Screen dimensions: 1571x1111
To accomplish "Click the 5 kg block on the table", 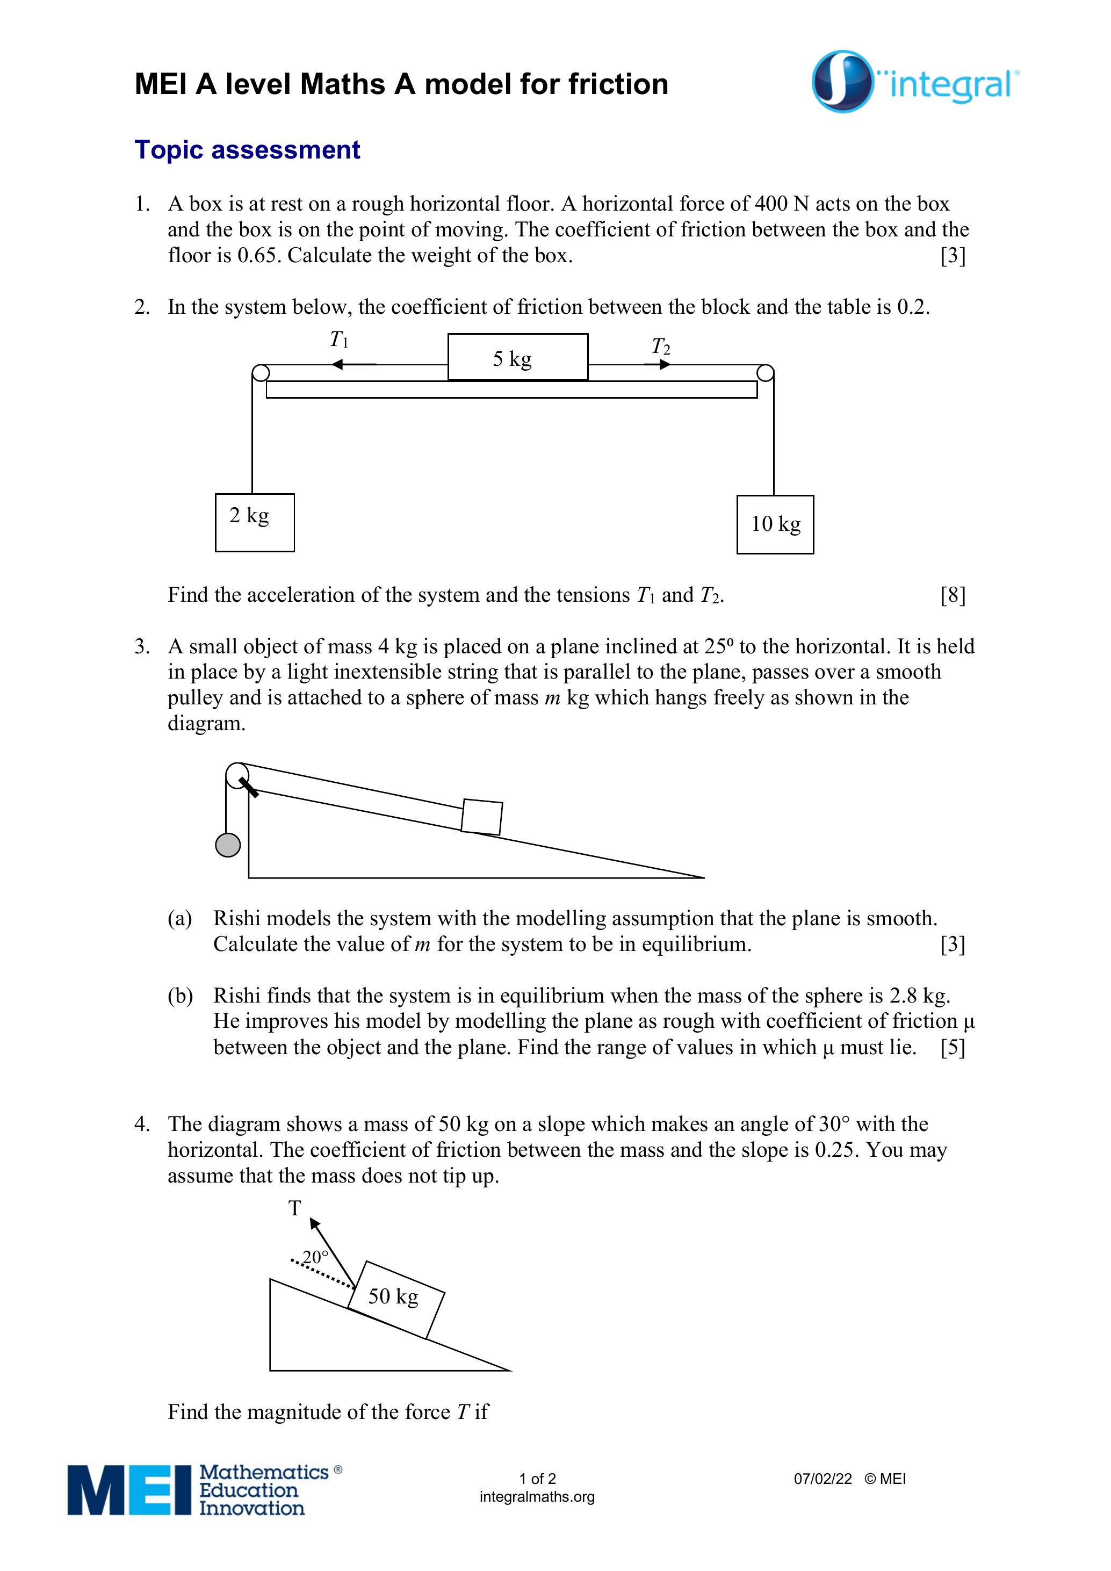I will coord(517,357).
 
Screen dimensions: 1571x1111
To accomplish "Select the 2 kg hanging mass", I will coord(255,522).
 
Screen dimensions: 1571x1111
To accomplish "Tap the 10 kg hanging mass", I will coord(775,524).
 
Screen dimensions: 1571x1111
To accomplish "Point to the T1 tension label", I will coord(338,340).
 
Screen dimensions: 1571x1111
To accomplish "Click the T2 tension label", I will coord(660,347).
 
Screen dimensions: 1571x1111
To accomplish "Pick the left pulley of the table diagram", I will coord(261,373).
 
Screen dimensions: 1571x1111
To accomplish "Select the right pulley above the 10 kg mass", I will coord(766,373).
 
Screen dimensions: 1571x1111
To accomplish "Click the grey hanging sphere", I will coord(228,845).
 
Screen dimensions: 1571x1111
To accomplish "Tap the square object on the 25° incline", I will coord(481,817).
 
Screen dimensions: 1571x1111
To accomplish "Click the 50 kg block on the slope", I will coord(395,1299).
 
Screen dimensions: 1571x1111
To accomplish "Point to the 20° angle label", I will coord(315,1257).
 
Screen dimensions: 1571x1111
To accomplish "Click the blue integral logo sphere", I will coord(842,82).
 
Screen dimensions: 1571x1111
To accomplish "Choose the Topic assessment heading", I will coord(247,150).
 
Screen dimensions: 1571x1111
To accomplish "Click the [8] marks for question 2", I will coord(953,595).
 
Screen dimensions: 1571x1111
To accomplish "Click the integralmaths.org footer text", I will coord(537,1496).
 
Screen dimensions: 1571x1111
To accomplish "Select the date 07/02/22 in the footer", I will coord(823,1479).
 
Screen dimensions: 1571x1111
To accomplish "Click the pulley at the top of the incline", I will coord(237,776).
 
